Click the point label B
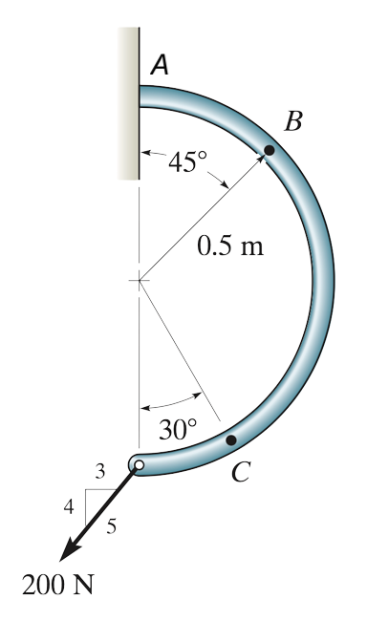point(294,121)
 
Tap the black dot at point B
point(270,149)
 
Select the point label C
point(243,471)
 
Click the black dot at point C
point(230,440)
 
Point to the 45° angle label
point(184,162)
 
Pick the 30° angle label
point(177,430)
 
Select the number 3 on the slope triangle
point(99,470)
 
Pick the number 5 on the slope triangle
point(112,526)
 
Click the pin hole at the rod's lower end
point(140,465)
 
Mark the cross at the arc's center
point(139,281)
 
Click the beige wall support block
point(128,103)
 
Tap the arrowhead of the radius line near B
point(260,160)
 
